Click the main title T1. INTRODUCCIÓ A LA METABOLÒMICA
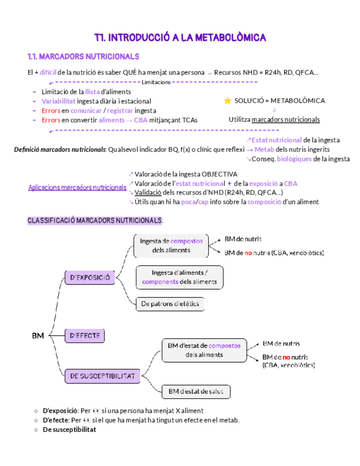tap(180, 37)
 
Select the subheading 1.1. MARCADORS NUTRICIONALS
tap(83, 57)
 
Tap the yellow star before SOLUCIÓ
tap(228, 101)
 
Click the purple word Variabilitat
tap(59, 101)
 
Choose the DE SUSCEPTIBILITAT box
tap(103, 376)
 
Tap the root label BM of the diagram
tap(38, 335)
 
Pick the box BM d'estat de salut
tap(196, 391)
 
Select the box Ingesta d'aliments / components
tap(180, 277)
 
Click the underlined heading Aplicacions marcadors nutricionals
tap(77, 188)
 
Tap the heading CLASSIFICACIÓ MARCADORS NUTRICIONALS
tap(95, 220)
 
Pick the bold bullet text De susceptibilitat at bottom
tap(69, 430)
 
